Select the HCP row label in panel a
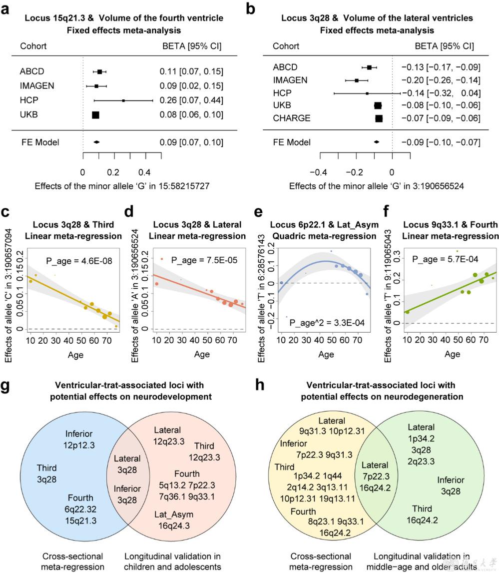29,100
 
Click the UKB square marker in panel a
95,115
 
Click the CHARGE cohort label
291,118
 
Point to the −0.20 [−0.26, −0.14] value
440,80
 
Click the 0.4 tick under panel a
145,173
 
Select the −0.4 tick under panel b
320,173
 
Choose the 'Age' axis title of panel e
326,354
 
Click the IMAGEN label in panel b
290,80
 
